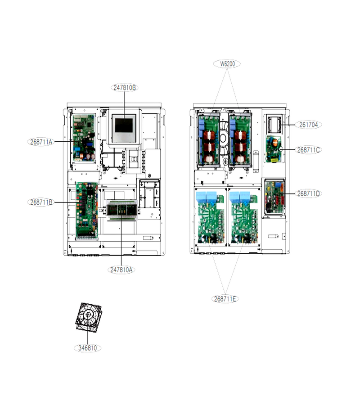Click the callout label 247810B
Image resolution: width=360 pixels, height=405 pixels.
click(x=125, y=88)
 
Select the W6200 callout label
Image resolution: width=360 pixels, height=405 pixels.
click(x=227, y=63)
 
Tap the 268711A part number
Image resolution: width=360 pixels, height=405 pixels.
click(x=41, y=142)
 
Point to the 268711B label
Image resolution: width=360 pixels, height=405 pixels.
click(x=41, y=202)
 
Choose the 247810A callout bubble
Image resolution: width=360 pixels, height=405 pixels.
click(x=121, y=270)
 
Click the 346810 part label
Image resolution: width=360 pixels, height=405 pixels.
click(x=88, y=348)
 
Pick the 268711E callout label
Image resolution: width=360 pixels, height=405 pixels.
click(x=225, y=299)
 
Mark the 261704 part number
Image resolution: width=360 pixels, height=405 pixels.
click(x=308, y=125)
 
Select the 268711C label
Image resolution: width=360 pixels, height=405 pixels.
click(x=308, y=150)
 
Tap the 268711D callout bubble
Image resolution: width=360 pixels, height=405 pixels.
click(x=308, y=193)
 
